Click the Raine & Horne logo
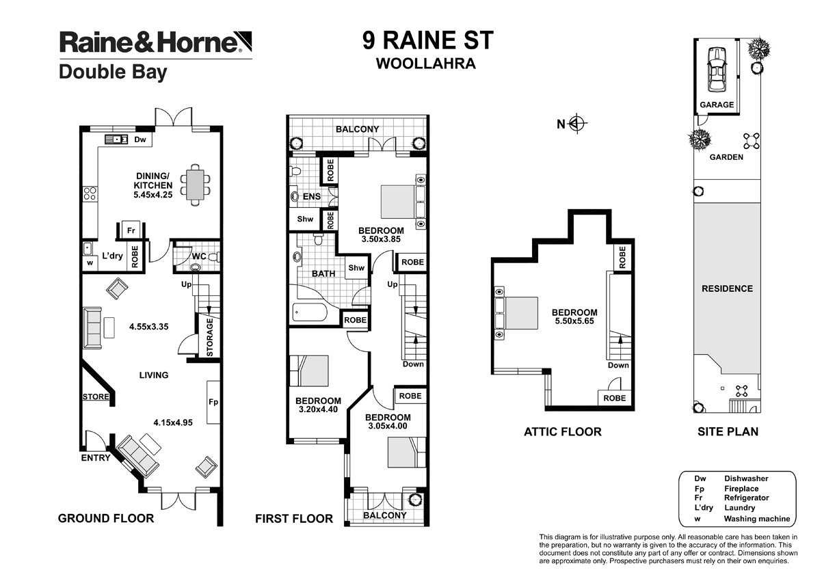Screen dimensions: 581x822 click(x=150, y=42)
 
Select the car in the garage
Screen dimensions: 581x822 click(x=717, y=69)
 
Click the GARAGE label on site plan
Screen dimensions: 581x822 click(x=716, y=105)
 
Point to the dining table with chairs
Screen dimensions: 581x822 click(x=196, y=185)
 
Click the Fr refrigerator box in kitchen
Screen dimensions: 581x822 click(x=130, y=230)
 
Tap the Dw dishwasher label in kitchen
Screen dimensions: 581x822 click(x=140, y=139)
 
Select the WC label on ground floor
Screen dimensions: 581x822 click(x=200, y=256)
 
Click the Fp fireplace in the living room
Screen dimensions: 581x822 click(x=213, y=402)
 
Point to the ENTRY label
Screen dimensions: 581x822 click(x=95, y=457)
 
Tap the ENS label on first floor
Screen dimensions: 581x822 click(x=312, y=197)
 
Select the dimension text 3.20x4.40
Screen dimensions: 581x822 click(x=318, y=410)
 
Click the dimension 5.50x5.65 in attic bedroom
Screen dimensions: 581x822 click(x=574, y=322)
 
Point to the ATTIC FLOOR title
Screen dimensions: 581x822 click(x=562, y=431)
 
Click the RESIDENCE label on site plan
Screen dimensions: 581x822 click(x=727, y=288)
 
